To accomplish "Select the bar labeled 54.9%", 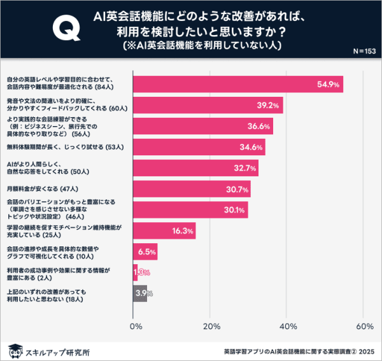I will click(x=238, y=84).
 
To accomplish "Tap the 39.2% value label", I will click(x=266, y=105).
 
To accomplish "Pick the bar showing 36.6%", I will click(x=203, y=126).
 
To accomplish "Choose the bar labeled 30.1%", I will click(x=190, y=210).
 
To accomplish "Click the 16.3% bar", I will click(x=164, y=230).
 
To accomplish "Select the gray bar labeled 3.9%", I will click(x=140, y=294).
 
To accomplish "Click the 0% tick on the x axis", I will click(x=136, y=327).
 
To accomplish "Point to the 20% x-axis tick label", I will click(x=211, y=327).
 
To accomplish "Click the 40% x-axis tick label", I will click(x=288, y=327).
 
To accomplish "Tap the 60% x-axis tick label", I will click(x=364, y=327).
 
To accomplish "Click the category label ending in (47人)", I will click(x=50, y=189).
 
